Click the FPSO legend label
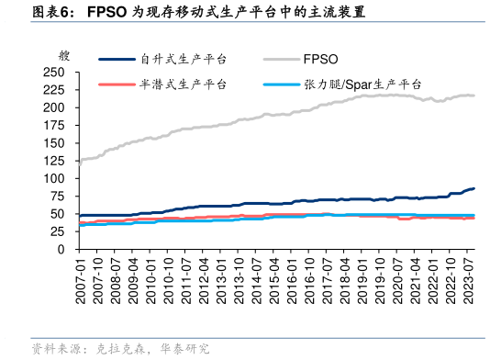tap(321, 59)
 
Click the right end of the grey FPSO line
tap(473, 96)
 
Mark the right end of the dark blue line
tap(473, 188)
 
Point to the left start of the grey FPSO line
tap(79, 163)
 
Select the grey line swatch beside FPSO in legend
tap(278, 59)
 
